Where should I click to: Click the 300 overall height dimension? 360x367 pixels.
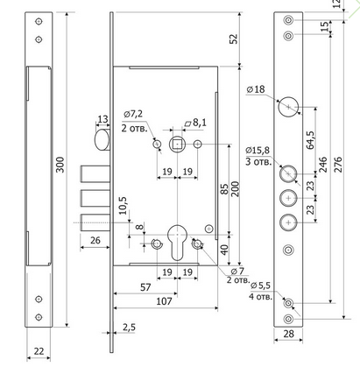point(60,165)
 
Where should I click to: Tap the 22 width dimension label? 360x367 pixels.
point(39,351)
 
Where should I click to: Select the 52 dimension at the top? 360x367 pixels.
point(234,39)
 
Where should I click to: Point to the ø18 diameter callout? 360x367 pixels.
point(256,89)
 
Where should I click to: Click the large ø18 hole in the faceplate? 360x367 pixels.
point(288,107)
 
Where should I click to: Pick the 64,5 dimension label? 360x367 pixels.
point(310,140)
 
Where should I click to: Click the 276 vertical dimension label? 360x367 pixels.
point(337,165)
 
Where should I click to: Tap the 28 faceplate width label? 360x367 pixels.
point(288,334)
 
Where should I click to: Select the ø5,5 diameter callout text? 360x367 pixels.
point(260,286)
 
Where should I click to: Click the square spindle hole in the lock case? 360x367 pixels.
point(177,145)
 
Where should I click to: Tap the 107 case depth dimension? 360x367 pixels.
point(164,301)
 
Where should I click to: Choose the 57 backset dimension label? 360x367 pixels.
point(145,287)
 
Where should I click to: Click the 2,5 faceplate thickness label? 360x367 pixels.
point(129,328)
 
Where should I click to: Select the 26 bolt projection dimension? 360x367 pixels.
point(95,240)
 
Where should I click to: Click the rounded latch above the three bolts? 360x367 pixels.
point(102,140)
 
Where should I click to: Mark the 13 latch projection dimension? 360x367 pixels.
point(102,119)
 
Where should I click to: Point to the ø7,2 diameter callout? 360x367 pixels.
point(133,114)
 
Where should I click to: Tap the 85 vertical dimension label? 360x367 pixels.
point(224,189)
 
